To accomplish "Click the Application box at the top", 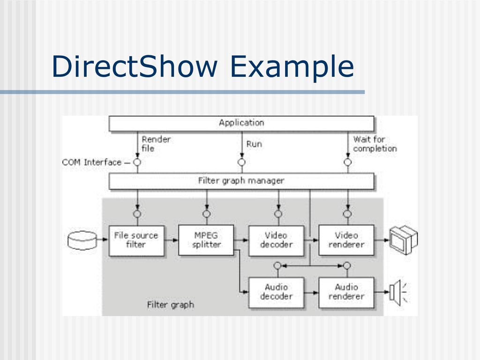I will (x=241, y=123).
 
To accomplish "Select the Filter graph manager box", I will (x=241, y=181).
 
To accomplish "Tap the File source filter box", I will (x=136, y=240).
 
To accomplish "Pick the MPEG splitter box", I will (x=206, y=240).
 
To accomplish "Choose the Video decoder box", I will (x=276, y=240).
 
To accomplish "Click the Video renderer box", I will (x=346, y=240).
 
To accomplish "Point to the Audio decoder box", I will (x=276, y=292).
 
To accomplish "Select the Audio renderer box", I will (x=346, y=292).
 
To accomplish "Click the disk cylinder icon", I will (x=82, y=240).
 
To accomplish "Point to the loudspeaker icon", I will (x=397, y=292).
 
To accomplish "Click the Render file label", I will (x=156, y=143).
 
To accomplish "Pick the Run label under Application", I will (x=254, y=144).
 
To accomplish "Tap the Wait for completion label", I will (x=375, y=143).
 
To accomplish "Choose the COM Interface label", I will (x=92, y=162).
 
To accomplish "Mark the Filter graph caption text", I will (x=170, y=305).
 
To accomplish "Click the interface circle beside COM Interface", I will (x=137, y=162).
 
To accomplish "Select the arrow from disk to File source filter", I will (x=103, y=240).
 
